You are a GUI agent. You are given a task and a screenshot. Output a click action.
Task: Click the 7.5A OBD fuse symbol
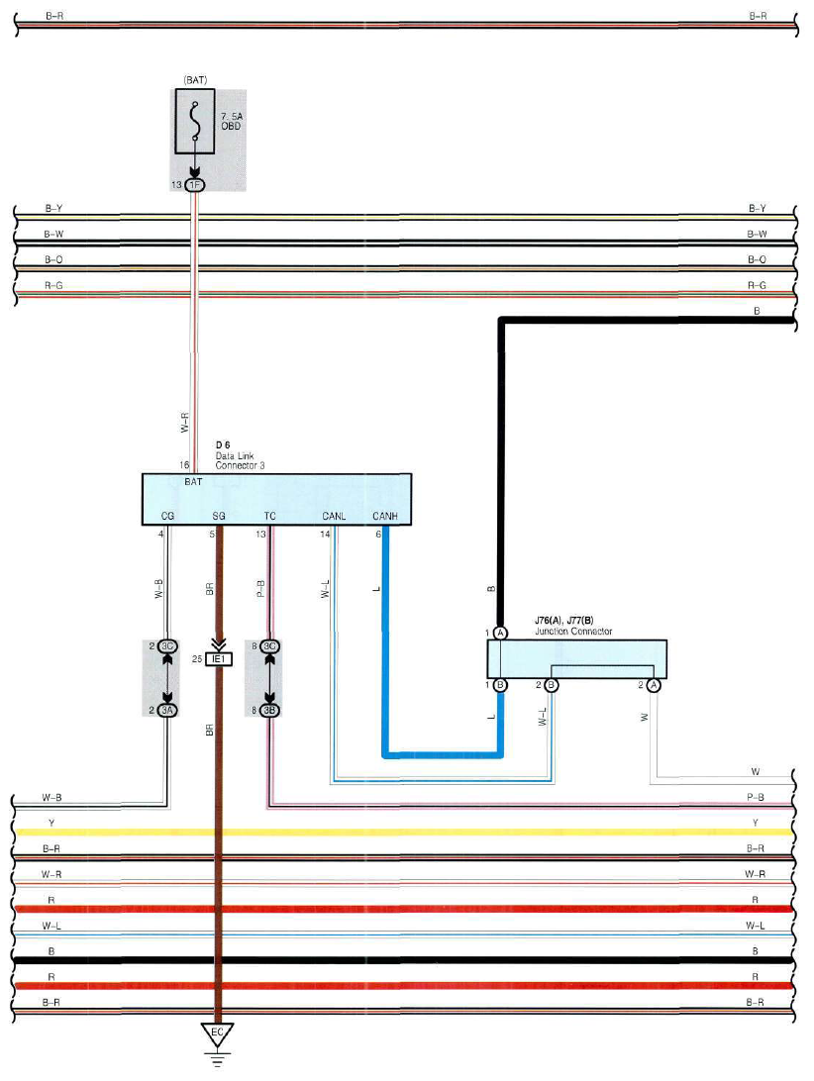coord(194,122)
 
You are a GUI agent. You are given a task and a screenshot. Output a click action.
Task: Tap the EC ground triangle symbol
coord(217,1034)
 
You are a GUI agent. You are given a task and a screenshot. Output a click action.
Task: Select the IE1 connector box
coord(219,659)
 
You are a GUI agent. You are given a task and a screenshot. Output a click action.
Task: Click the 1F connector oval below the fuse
coord(195,185)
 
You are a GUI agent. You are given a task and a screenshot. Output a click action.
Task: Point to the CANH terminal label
coord(385,516)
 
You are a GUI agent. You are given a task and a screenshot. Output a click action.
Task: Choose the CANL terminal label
coord(334,516)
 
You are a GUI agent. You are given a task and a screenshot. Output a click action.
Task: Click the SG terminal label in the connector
coord(219,516)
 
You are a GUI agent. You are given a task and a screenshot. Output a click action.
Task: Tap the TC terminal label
coord(269,516)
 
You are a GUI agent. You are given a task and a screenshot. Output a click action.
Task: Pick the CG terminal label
coord(167,516)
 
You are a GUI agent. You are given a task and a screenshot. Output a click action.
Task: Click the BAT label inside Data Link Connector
coord(193,482)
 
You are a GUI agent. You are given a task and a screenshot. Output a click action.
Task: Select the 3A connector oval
coord(167,710)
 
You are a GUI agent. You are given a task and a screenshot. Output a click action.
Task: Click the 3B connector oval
coord(269,710)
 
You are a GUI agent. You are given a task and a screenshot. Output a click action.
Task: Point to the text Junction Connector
coord(573,632)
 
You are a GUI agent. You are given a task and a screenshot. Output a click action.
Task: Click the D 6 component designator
coord(223,445)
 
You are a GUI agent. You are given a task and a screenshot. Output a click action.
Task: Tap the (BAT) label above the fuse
coord(195,80)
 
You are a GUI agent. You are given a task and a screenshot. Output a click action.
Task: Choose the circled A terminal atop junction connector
coord(501,633)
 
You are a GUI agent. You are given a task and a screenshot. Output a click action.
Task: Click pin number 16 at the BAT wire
coord(184,465)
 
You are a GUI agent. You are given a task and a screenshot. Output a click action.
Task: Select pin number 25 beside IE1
coord(197,659)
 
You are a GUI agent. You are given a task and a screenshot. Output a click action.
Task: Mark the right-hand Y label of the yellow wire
coord(756,823)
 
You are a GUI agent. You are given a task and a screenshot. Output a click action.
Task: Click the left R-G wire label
coord(53,285)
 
